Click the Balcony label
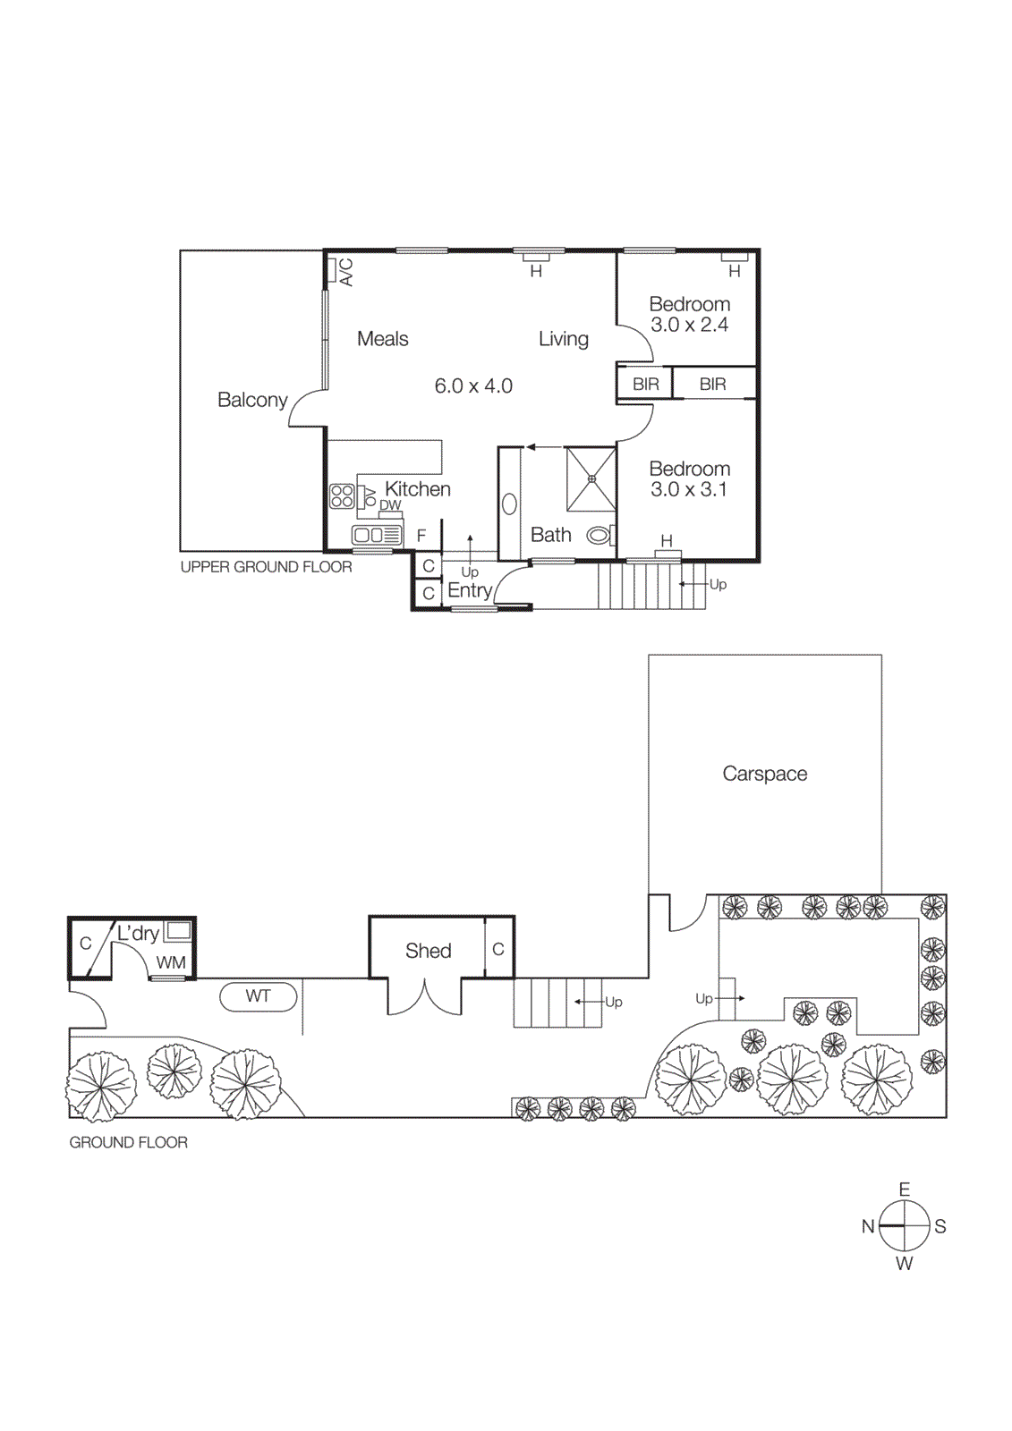252,400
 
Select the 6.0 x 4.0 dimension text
473,386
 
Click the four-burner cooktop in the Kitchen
342,496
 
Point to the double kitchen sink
377,536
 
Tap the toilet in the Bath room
600,536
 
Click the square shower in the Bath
591,478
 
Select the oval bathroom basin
509,504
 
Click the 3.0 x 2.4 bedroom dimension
689,326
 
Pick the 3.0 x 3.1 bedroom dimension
689,490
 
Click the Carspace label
764,774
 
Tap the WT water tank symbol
258,996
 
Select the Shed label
428,951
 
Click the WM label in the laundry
171,963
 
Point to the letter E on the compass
905,1190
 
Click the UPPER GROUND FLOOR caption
266,567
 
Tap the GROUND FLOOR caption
128,1143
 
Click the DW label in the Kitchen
390,505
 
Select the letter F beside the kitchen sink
421,536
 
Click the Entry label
470,590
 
